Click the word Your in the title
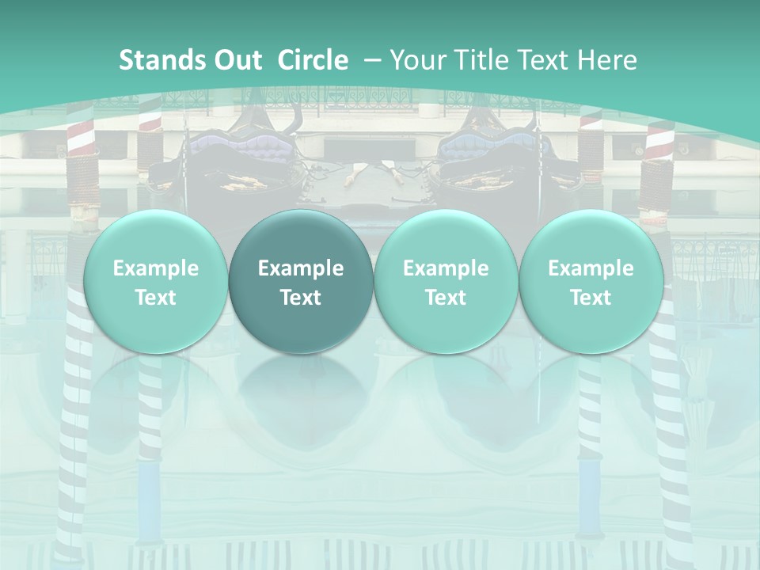point(416,60)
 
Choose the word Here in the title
point(611,60)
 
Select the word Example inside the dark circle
point(301,268)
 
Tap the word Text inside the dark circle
point(301,298)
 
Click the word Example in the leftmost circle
point(156,268)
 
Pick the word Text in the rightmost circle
point(591,298)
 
